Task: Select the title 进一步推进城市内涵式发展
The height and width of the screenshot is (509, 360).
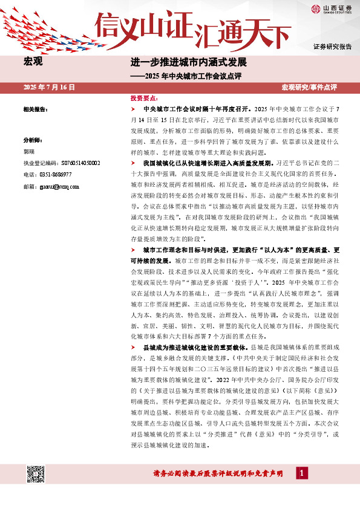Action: [x=189, y=62]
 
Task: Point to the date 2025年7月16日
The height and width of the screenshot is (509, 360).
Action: [x=49, y=88]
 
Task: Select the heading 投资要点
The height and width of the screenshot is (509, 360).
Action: [x=143, y=98]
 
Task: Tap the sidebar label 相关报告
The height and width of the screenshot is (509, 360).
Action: [x=35, y=109]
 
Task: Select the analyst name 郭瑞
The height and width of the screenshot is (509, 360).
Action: [x=29, y=152]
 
